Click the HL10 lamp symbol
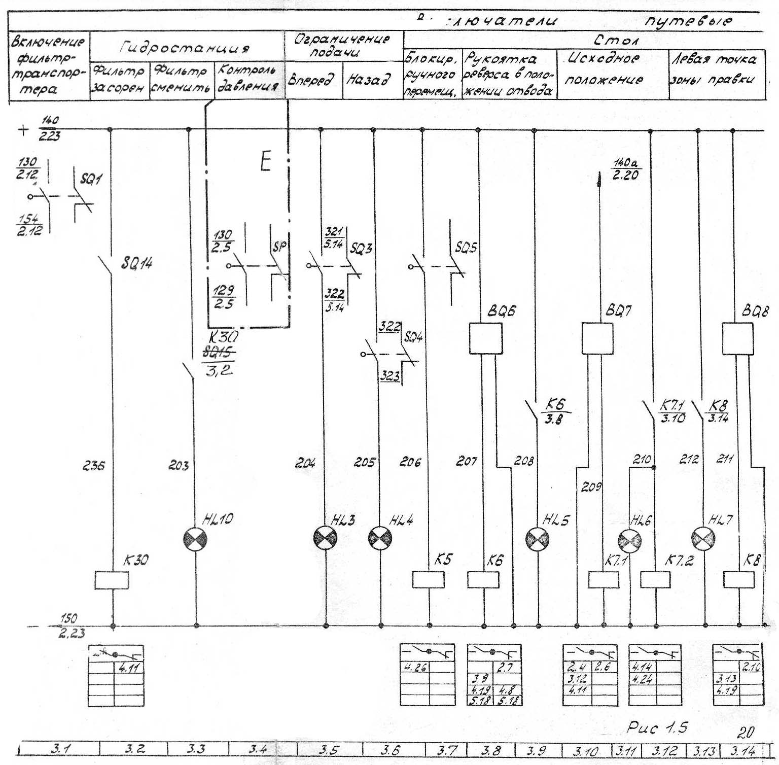click(x=195, y=538)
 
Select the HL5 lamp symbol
click(x=537, y=539)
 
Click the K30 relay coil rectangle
click(x=112, y=580)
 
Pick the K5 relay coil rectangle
click(x=429, y=579)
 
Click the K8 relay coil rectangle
click(x=738, y=579)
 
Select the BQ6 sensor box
click(x=485, y=338)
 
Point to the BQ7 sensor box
click(x=597, y=338)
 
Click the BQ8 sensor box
click(x=737, y=338)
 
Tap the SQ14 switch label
click(x=136, y=263)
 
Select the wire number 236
click(x=93, y=465)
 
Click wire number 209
click(x=591, y=487)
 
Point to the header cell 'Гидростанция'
click(x=186, y=48)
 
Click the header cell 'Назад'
click(x=369, y=80)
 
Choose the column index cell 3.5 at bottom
click(x=329, y=749)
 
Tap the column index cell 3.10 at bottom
click(x=585, y=750)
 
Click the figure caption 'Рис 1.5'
click(x=657, y=728)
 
